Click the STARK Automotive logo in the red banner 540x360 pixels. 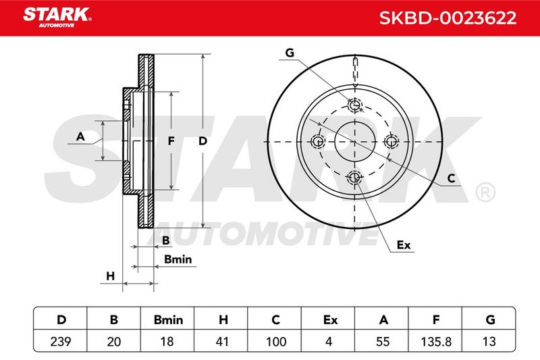pyautogui.click(x=57, y=18)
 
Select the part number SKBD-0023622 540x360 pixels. pyautogui.click(x=448, y=18)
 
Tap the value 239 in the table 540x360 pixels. pyautogui.click(x=61, y=342)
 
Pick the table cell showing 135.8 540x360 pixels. pyautogui.click(x=436, y=342)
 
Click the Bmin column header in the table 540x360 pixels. pyautogui.click(x=168, y=319)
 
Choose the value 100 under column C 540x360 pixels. pyautogui.click(x=276, y=342)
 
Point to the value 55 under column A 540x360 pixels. pyautogui.click(x=383, y=342)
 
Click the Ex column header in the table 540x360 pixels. pyautogui.click(x=330, y=319)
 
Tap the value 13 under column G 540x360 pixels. pyautogui.click(x=489, y=342)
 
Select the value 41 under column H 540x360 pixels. pyautogui.click(x=222, y=342)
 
